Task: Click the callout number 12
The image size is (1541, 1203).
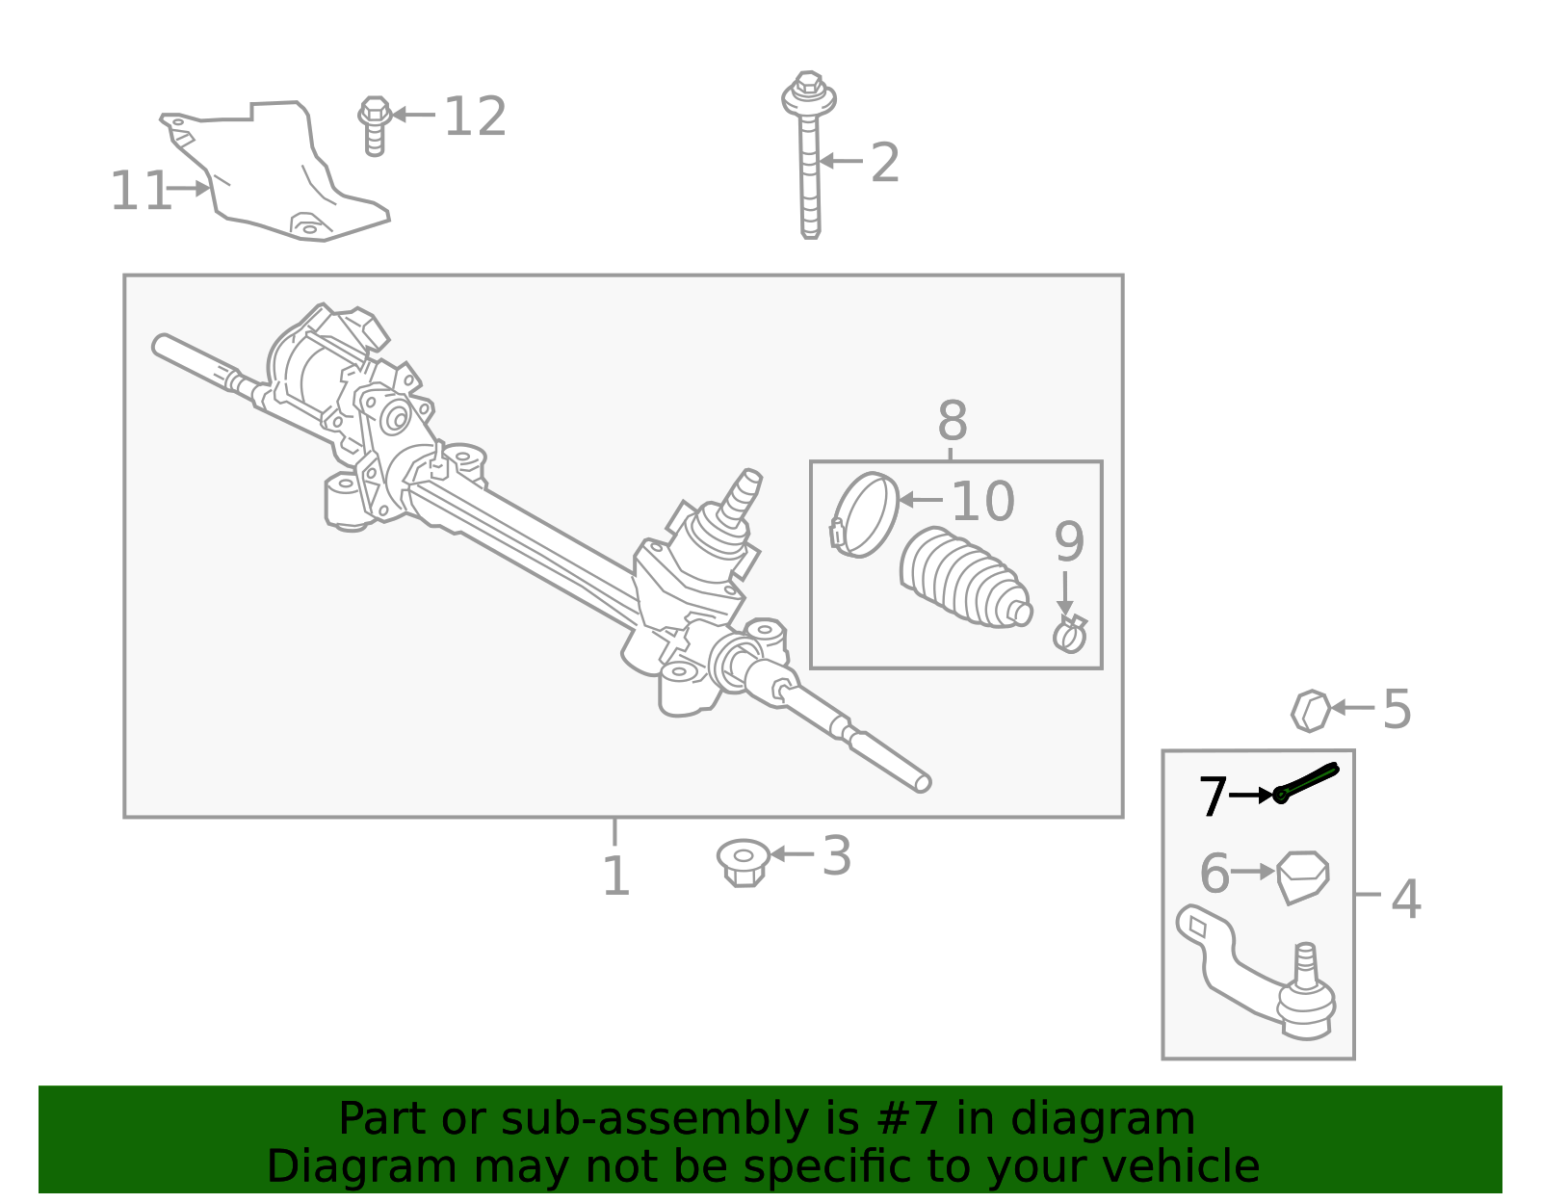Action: pyautogui.click(x=475, y=117)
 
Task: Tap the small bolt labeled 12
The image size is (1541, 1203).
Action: pyautogui.click(x=375, y=124)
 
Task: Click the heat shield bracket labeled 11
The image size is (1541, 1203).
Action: pyautogui.click(x=279, y=173)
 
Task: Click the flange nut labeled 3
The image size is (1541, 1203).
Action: pyautogui.click(x=744, y=861)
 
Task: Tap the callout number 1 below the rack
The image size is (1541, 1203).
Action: pyautogui.click(x=615, y=876)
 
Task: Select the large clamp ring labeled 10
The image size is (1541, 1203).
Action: pyautogui.click(x=865, y=513)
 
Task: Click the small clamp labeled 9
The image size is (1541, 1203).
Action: pyautogui.click(x=1069, y=634)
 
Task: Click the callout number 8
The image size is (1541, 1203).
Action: pyautogui.click(x=952, y=421)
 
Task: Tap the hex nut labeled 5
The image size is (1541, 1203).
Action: pyautogui.click(x=1310, y=711)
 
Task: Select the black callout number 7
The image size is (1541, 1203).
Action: pyautogui.click(x=1213, y=797)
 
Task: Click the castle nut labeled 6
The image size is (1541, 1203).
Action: pyautogui.click(x=1303, y=876)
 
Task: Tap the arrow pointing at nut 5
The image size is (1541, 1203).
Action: pyautogui.click(x=1352, y=708)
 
